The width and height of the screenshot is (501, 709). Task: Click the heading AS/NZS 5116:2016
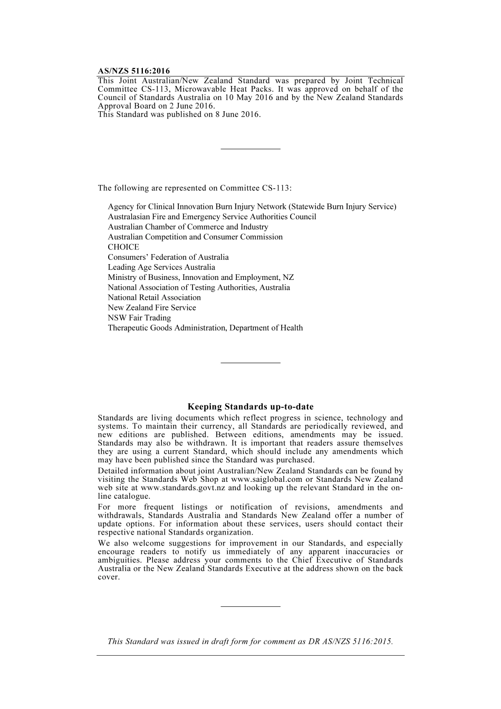133,71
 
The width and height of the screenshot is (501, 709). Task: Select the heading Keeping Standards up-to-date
250,406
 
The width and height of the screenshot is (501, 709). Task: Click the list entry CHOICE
123,247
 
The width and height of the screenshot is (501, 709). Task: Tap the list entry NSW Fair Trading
139,318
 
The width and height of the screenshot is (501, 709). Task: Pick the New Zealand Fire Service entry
151,308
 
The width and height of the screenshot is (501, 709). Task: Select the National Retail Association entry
154,298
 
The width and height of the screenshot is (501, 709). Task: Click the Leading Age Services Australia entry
161,267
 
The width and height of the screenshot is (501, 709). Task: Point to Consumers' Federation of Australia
168,257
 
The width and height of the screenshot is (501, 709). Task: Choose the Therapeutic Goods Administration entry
205,328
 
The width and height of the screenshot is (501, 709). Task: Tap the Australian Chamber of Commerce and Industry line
188,227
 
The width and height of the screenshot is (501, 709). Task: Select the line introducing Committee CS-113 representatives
195,188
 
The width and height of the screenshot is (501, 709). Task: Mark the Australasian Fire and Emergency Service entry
212,217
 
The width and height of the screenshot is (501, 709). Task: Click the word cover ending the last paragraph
108,577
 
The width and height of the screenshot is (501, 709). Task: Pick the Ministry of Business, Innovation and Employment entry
201,277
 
